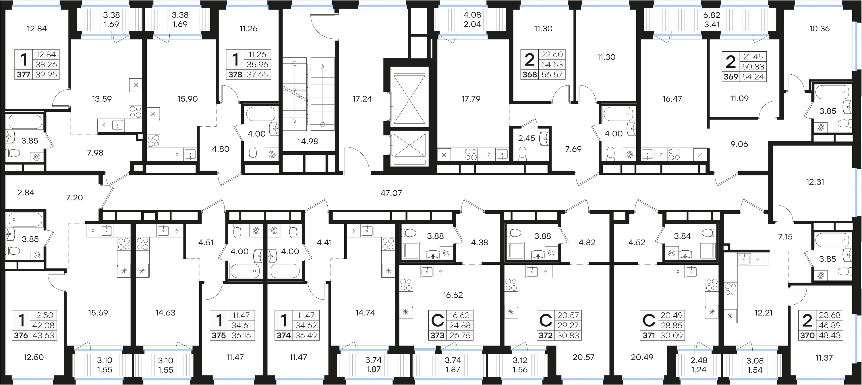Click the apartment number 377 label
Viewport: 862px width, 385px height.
24,75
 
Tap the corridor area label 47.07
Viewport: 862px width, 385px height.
391,193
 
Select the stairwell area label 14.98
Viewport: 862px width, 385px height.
308,141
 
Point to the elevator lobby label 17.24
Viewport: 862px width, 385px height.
362,99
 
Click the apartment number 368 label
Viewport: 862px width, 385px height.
530,75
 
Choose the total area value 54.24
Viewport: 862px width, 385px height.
753,77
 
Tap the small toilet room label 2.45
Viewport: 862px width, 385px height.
527,138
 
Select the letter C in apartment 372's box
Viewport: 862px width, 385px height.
546,321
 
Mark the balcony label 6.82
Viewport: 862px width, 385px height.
712,15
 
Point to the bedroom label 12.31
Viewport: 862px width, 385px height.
815,182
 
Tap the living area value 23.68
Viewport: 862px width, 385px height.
830,315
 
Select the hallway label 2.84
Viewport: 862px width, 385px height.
26,192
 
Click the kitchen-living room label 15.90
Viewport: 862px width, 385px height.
188,99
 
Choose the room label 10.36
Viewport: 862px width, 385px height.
820,28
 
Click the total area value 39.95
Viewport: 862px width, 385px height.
46,75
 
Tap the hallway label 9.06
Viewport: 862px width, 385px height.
739,144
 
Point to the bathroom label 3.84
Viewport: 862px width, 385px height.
682,236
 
